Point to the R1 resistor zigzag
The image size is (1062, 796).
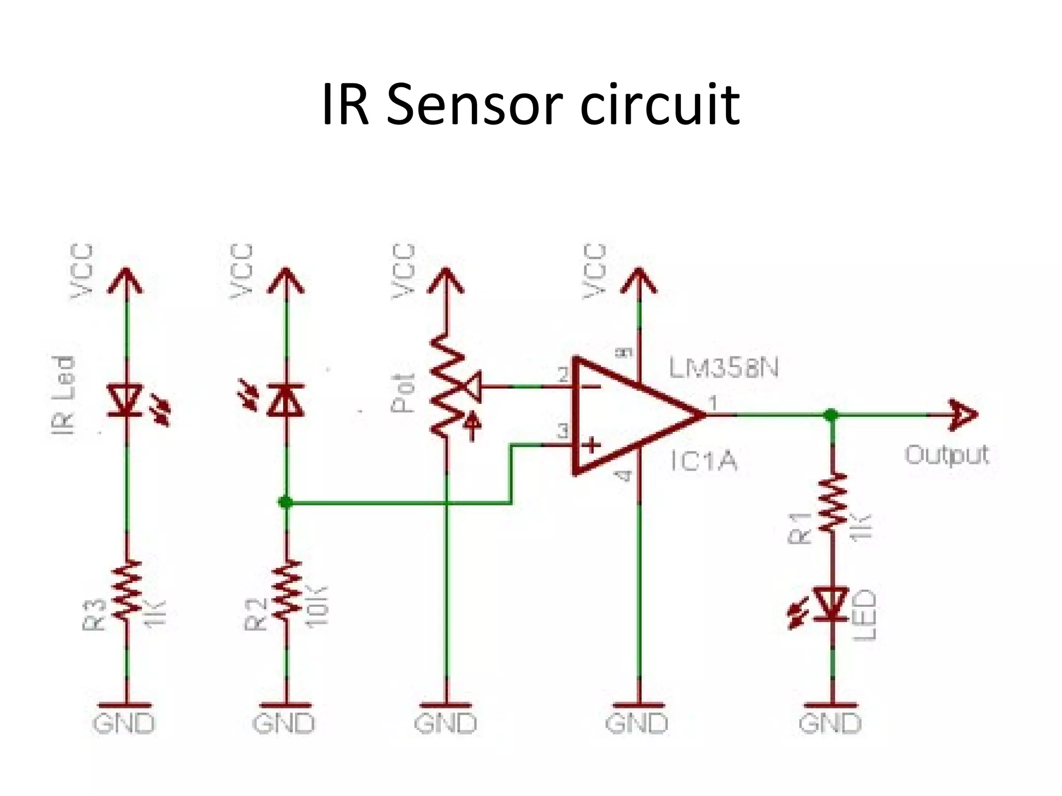click(x=832, y=502)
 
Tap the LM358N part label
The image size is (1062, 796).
click(x=724, y=367)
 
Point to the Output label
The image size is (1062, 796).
click(x=947, y=456)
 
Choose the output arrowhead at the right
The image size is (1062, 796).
click(x=962, y=415)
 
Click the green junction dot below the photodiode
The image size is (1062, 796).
click(x=286, y=502)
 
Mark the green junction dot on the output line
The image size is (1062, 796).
click(x=831, y=415)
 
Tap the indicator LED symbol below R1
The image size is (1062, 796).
click(x=831, y=604)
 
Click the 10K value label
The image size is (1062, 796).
click(x=317, y=607)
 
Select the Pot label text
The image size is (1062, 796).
click(x=403, y=393)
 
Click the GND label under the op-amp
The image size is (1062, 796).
click(x=637, y=723)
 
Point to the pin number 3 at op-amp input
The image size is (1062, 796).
click(x=563, y=430)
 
